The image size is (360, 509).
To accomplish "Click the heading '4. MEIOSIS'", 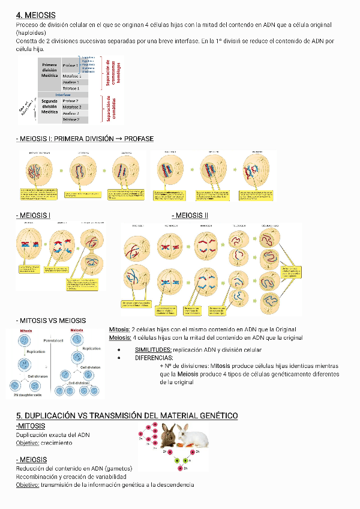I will click(x=36, y=14).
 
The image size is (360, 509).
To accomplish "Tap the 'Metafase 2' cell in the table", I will click(x=71, y=106).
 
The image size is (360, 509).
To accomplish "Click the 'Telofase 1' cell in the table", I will click(x=71, y=88).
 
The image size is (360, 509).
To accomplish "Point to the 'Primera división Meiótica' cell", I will click(x=49, y=70).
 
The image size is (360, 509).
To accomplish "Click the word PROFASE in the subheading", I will click(x=139, y=139).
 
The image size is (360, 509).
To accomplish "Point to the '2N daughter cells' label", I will click(x=28, y=394).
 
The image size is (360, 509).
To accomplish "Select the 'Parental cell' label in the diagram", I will click(x=53, y=339).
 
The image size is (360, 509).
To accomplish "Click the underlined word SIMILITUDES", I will click(x=153, y=349).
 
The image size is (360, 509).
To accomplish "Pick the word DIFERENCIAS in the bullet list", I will click(x=154, y=357).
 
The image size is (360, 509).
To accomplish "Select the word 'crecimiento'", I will click(x=56, y=442).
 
